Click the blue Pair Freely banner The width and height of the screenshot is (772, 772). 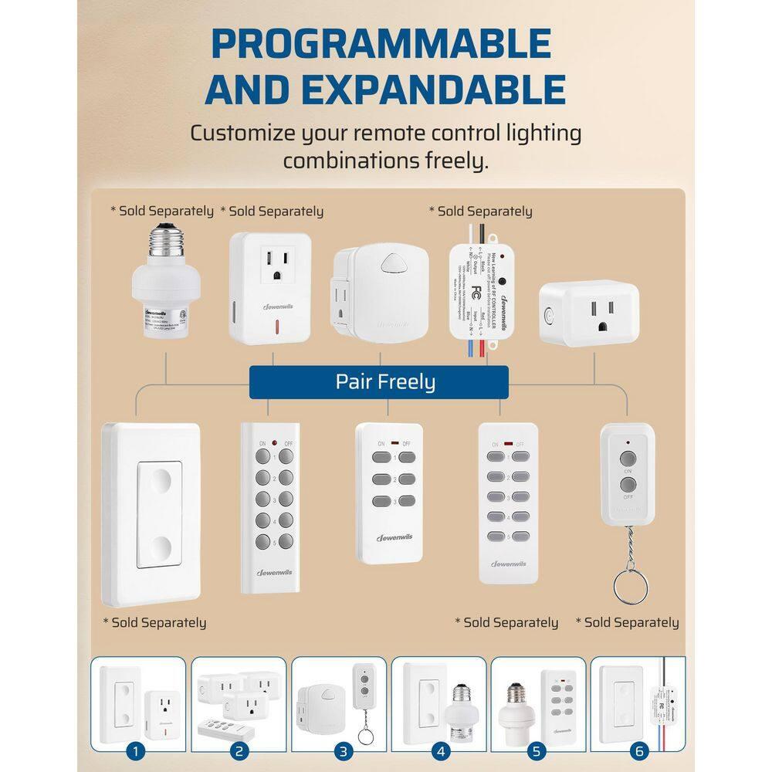(x=378, y=382)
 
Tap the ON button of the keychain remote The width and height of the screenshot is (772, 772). (x=628, y=455)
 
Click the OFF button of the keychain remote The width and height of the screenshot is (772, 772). (x=628, y=485)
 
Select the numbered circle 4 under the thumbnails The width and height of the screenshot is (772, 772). (x=438, y=750)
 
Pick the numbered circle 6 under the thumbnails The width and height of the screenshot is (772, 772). (x=638, y=750)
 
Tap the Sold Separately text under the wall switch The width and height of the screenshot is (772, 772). (x=154, y=622)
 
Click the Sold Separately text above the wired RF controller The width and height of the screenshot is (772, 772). (x=480, y=211)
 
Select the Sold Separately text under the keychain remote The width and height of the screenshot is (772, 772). (x=627, y=622)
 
